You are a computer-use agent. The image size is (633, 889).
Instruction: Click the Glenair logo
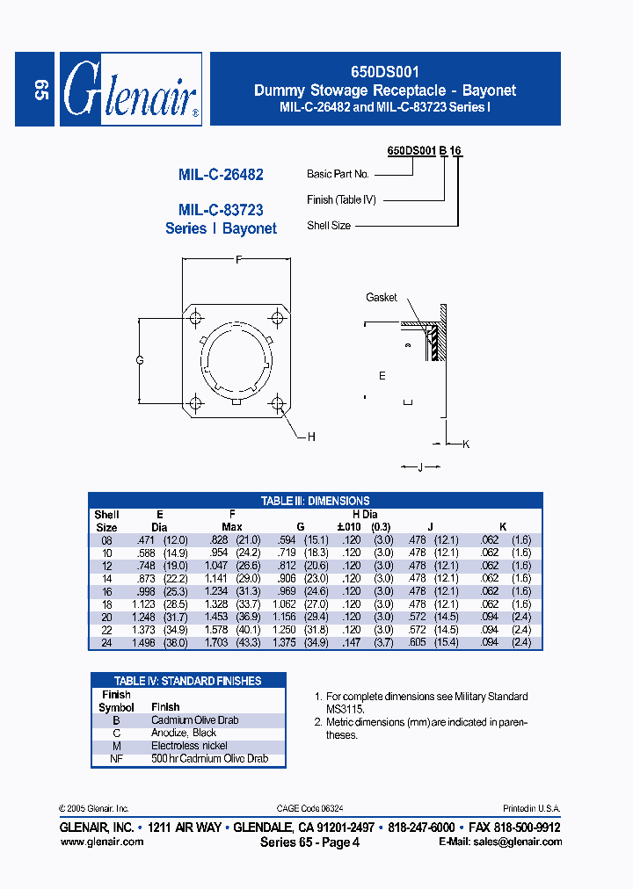coord(130,89)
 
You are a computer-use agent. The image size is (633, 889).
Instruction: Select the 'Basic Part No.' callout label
coord(338,174)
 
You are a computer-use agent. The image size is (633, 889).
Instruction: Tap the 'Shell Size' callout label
coord(329,226)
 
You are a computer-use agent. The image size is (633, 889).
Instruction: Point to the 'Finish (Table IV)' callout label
coord(341,200)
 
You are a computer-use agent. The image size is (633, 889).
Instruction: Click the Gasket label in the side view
coord(382,298)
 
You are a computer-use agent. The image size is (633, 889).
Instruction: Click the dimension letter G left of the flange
coord(140,361)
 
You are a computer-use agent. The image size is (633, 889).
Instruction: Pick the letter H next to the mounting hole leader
coord(311,437)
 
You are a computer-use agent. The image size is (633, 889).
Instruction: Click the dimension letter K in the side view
coord(466,444)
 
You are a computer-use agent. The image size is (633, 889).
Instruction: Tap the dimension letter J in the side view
coord(420,467)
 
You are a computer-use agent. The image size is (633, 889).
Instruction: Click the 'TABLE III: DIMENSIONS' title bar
coord(315,501)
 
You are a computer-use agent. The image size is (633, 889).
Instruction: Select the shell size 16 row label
coord(105,592)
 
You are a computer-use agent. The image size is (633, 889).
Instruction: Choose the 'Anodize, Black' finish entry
coord(183,733)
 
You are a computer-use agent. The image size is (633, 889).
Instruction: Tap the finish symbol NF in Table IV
coord(116,758)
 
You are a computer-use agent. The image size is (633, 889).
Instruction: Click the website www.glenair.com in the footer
coord(101,842)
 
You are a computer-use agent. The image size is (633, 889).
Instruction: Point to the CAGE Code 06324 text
coord(316,808)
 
